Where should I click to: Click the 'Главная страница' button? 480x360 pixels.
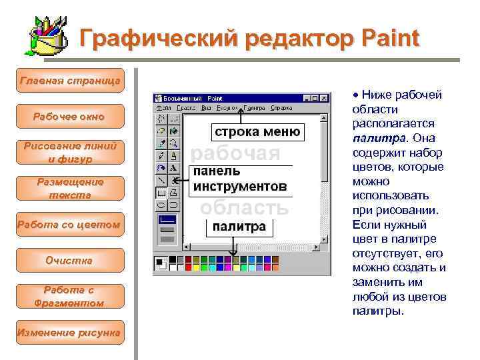[69, 81]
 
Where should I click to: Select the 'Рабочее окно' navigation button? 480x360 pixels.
[69, 117]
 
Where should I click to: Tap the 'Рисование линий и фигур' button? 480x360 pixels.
[69, 153]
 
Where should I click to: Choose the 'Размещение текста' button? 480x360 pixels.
[69, 189]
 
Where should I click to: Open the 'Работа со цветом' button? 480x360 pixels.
[69, 225]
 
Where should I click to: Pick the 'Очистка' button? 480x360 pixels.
[69, 260]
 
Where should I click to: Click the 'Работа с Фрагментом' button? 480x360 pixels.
[69, 296]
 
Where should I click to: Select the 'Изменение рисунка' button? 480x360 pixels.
[69, 332]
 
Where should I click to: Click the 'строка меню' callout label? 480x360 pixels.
[257, 131]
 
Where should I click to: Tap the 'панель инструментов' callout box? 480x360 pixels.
[240, 179]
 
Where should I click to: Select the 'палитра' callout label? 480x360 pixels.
[239, 227]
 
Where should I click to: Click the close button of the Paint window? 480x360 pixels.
[325, 97]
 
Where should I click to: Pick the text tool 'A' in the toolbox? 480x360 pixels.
[173, 167]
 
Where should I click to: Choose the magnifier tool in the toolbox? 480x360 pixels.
[173, 143]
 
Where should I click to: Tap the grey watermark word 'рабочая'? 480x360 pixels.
[236, 153]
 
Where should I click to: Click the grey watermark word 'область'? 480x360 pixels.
[245, 207]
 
